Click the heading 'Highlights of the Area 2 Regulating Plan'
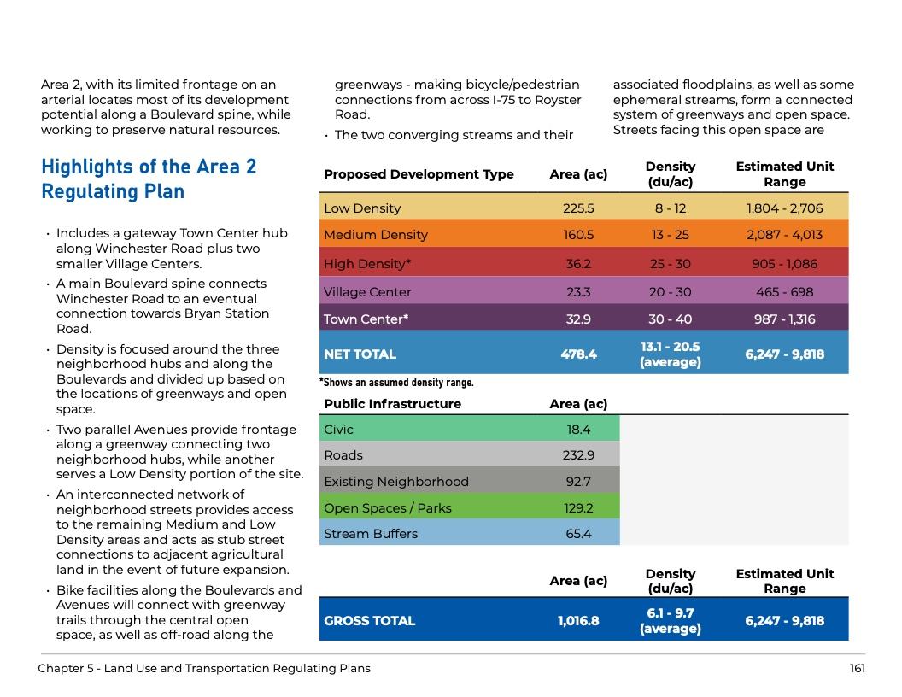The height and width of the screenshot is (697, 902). [149, 179]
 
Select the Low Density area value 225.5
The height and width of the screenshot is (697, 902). [578, 208]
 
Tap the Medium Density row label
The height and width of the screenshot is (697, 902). [375, 235]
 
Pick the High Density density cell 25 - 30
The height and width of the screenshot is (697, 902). [670, 264]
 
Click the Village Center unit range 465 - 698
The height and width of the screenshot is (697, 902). [784, 292]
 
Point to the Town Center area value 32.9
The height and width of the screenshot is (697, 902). [578, 319]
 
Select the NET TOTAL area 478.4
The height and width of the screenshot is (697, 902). [578, 354]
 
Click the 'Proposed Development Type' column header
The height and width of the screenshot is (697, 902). [419, 174]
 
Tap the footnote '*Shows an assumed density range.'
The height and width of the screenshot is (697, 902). [396, 383]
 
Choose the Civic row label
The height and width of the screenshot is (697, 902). [338, 430]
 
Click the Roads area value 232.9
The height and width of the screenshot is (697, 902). [578, 455]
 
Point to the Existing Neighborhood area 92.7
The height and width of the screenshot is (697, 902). [578, 482]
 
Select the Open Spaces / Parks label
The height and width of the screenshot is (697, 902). [387, 508]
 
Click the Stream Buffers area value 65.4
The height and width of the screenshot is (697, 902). [578, 534]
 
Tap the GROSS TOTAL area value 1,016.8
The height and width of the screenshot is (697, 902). [578, 621]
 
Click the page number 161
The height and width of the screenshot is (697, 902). [857, 668]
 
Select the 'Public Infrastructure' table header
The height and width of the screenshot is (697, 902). [392, 404]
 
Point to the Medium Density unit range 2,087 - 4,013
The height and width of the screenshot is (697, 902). [784, 235]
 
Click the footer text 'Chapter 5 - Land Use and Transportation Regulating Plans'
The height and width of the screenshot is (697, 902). [204, 668]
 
